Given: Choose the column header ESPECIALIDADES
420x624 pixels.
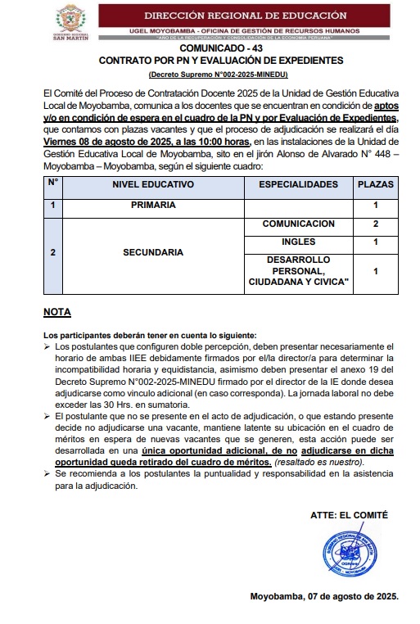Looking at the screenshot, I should point(298,185).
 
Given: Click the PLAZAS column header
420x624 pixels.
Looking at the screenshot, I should point(375,185).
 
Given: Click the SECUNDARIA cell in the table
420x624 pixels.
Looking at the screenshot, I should point(153,253).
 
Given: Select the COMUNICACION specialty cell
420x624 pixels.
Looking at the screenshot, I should point(298,224).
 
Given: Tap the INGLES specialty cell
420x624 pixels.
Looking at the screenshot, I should point(298,242).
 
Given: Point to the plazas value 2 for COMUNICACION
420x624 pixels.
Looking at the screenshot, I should point(375,224).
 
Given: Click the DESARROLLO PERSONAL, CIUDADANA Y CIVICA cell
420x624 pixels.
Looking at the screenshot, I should point(298,271).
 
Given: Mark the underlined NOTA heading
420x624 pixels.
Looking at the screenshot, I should point(56,312).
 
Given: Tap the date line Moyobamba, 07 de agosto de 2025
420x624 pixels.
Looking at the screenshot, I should point(324,596).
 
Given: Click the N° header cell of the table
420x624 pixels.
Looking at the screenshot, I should point(52,183).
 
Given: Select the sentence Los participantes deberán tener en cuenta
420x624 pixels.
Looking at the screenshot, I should point(150,335).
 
